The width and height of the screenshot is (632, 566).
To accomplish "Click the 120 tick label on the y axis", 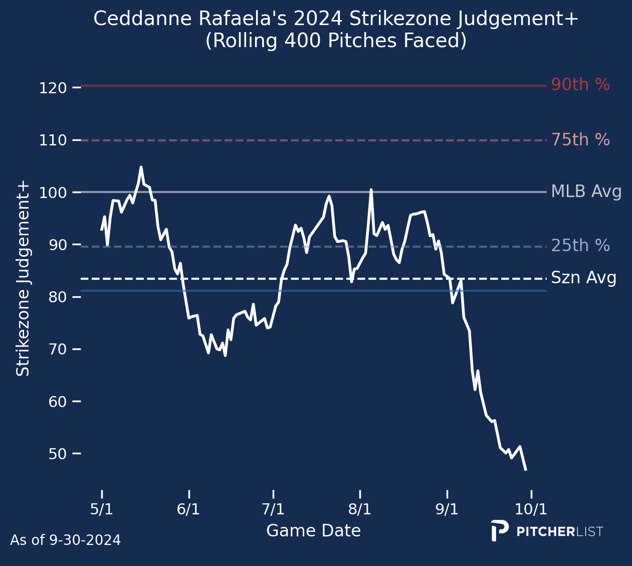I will click(x=53, y=88).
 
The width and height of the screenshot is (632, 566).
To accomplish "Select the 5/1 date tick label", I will click(x=102, y=509).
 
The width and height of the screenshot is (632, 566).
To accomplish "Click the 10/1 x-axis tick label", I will click(x=532, y=509).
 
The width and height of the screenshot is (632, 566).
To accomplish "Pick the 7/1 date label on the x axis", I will click(x=273, y=509).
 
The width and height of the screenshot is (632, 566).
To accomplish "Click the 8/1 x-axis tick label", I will click(x=360, y=509).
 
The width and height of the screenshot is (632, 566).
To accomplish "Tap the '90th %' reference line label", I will click(x=580, y=85).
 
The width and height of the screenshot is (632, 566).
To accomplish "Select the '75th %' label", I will click(x=580, y=140).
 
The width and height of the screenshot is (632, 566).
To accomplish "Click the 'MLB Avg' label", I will click(x=586, y=192).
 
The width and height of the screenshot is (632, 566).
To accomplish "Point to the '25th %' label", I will click(x=580, y=246).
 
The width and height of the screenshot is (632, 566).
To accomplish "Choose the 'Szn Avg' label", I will click(x=584, y=278).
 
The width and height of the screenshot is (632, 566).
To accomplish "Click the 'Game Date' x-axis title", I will click(x=313, y=531).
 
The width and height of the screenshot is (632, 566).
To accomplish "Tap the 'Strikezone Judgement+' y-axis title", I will click(x=23, y=279).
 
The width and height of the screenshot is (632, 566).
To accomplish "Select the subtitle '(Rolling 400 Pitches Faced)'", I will click(x=336, y=41).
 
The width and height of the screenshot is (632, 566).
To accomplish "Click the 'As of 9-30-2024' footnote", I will click(x=65, y=540).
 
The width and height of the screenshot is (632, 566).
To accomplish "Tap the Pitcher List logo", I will click(x=547, y=531).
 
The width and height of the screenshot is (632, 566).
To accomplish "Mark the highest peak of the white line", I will click(x=141, y=167).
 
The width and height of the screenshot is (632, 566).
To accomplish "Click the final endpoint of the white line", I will click(x=525, y=470).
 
